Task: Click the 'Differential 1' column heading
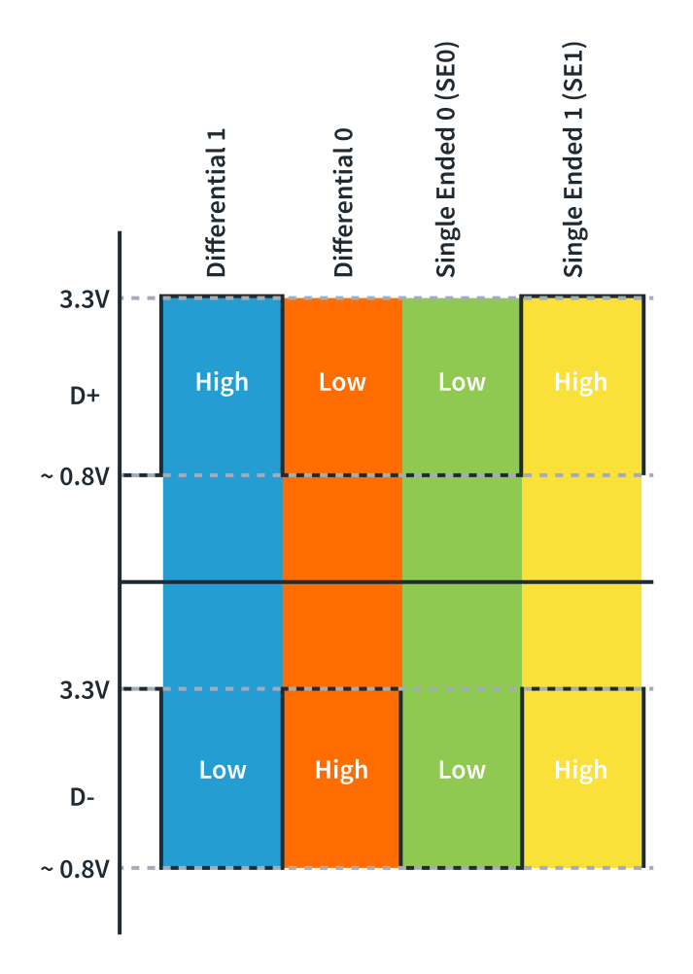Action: pyautogui.click(x=217, y=201)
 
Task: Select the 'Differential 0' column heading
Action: pyautogui.click(x=343, y=202)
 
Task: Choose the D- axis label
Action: pyautogui.click(x=83, y=797)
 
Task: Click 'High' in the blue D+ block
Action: pyautogui.click(x=222, y=382)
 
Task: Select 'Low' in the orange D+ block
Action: pyautogui.click(x=342, y=382)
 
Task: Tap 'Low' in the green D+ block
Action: pyautogui.click(x=462, y=382)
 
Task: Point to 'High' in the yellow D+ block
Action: pyautogui.click(x=580, y=382)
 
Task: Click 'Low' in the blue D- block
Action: pyautogui.click(x=223, y=770)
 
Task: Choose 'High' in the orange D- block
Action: pyautogui.click(x=341, y=770)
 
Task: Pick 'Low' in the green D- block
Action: pyautogui.click(x=462, y=770)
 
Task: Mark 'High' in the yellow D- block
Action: pyautogui.click(x=580, y=770)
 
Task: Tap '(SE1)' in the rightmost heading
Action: pyautogui.click(x=574, y=71)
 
